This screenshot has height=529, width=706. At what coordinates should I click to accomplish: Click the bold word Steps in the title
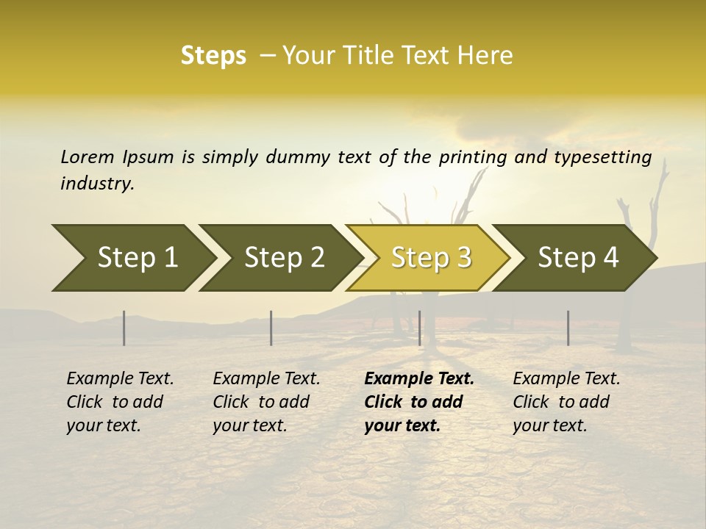[x=213, y=55]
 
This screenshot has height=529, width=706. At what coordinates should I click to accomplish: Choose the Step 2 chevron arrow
[x=284, y=257]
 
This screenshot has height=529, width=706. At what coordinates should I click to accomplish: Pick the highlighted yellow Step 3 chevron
[x=431, y=257]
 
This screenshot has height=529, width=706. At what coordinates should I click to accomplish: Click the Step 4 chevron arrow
[x=578, y=257]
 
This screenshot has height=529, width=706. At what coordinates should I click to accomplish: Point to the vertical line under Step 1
[x=124, y=328]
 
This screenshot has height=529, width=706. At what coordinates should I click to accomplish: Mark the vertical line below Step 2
[x=271, y=328]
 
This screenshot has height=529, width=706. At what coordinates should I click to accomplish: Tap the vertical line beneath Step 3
[x=419, y=328]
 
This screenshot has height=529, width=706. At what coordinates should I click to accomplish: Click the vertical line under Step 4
[x=568, y=328]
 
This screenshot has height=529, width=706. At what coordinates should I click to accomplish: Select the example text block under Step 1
[x=120, y=402]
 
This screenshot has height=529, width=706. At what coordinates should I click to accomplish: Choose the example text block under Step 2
[x=266, y=402]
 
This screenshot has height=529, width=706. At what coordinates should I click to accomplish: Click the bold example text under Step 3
[x=419, y=402]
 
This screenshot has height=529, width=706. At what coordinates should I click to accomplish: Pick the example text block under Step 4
[x=566, y=402]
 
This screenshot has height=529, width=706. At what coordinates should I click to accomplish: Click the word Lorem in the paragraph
[x=87, y=156]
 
